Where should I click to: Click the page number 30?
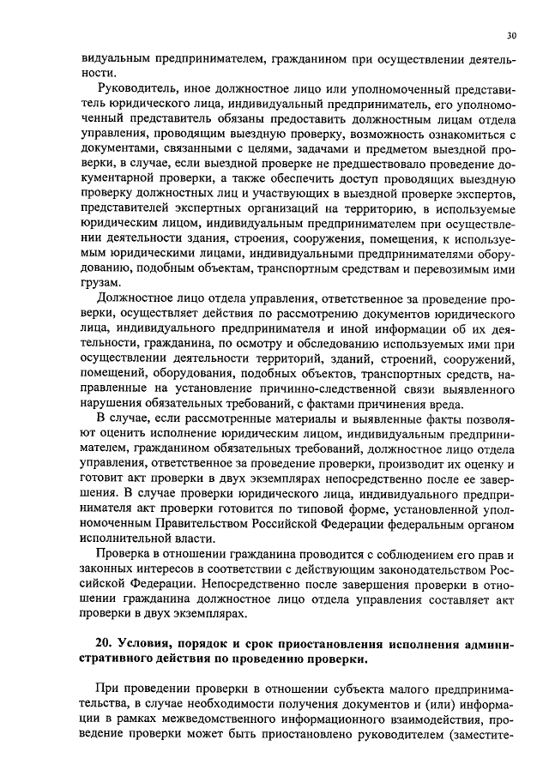511,35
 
